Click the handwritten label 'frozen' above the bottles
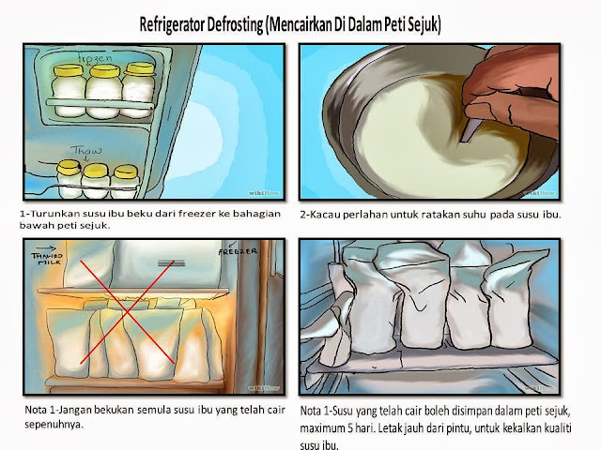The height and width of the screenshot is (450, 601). tap(96, 58)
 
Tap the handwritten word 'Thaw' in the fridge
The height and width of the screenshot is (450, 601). tap(86, 150)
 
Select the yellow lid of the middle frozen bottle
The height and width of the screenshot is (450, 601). tap(104, 71)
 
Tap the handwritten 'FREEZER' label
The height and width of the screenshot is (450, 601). tap(238, 251)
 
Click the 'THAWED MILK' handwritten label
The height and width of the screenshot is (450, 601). tap(47, 259)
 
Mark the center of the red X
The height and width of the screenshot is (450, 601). tap(128, 312)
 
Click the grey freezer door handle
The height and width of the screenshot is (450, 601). tap(171, 263)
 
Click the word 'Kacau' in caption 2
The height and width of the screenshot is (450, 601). tap(326, 215)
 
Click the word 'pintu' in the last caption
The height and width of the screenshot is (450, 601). tap(457, 428)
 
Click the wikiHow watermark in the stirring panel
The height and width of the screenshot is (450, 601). tap(539, 193)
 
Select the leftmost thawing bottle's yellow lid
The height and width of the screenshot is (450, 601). tap(69, 166)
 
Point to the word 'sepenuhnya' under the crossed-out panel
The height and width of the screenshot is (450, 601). tap(54, 425)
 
